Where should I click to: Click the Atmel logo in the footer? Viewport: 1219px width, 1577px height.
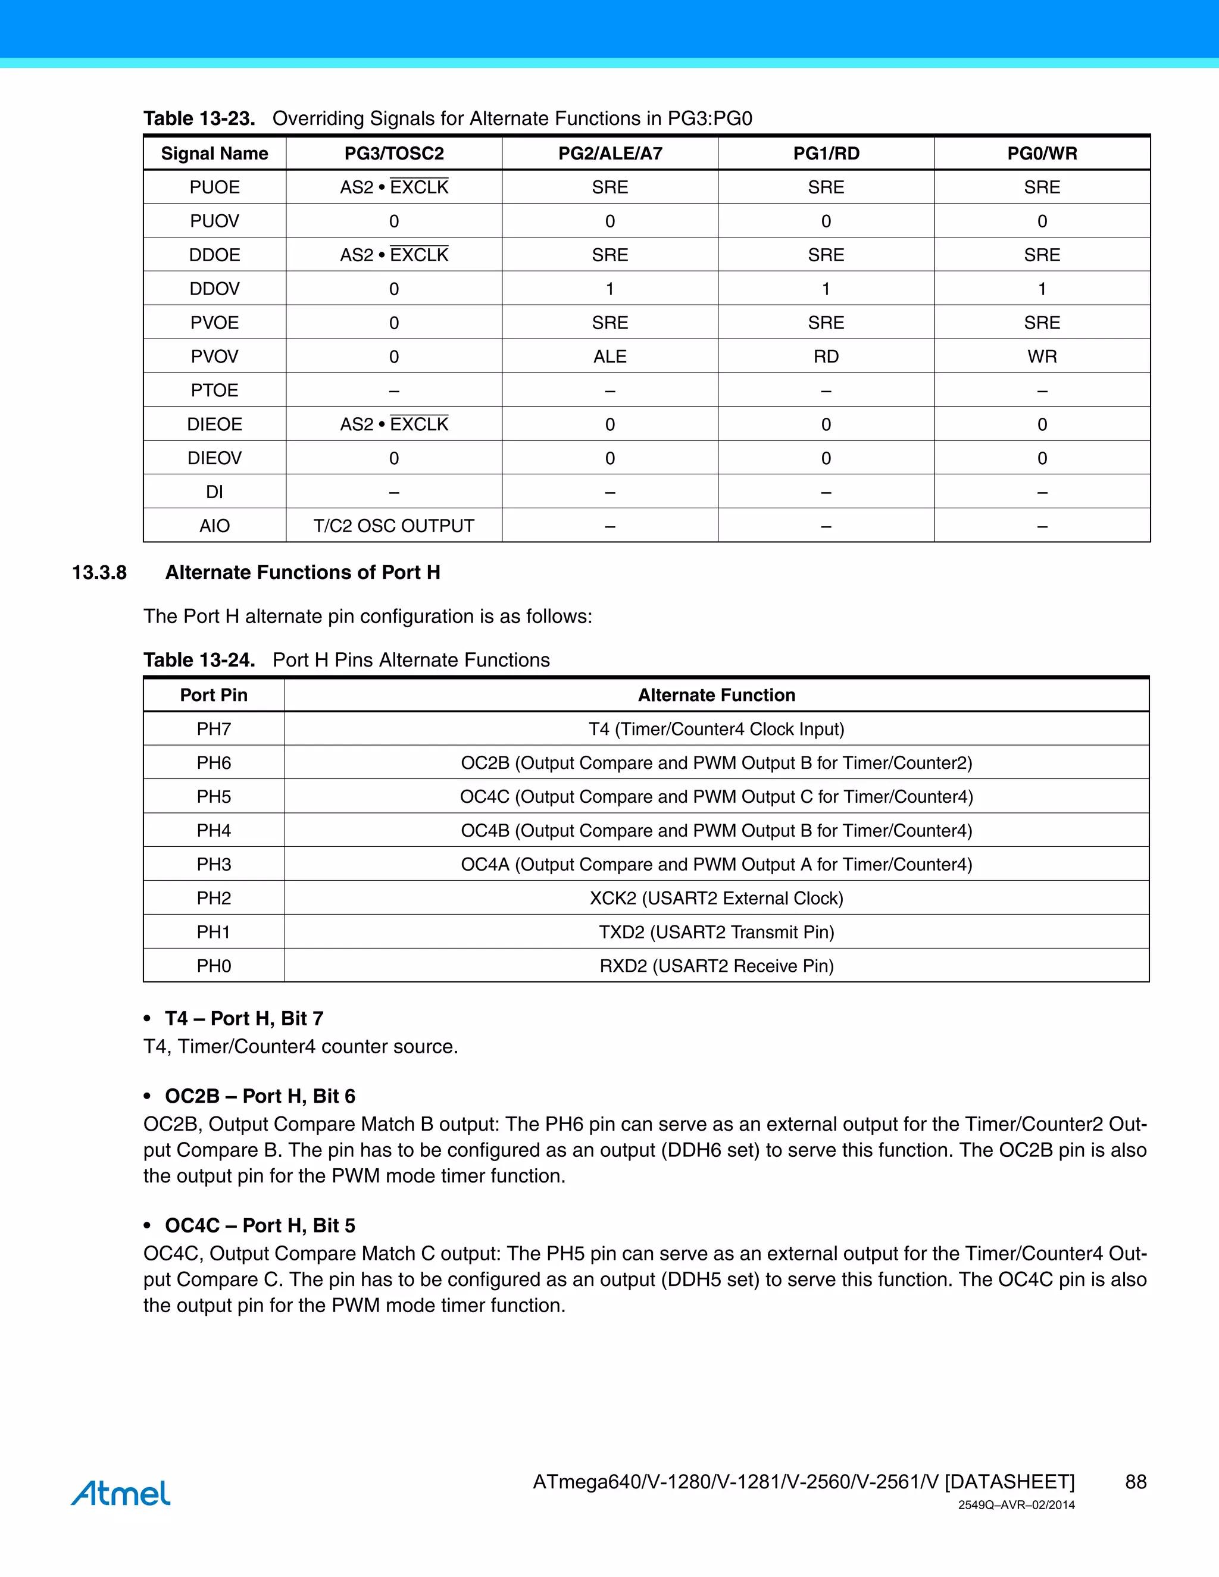(x=121, y=1492)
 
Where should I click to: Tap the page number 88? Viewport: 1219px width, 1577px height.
(x=1135, y=1482)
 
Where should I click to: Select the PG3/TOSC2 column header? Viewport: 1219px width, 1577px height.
(x=393, y=153)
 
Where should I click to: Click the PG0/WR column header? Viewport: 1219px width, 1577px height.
(x=1042, y=153)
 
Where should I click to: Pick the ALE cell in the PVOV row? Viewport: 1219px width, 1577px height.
(x=609, y=356)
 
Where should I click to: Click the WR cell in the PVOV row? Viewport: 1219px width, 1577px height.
(x=1042, y=356)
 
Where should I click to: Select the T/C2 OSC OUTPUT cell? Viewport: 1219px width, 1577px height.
(x=393, y=525)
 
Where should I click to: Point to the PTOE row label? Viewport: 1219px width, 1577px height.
(x=214, y=390)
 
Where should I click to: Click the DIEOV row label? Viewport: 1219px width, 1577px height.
(x=214, y=458)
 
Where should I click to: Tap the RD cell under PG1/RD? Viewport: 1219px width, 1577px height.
(x=826, y=356)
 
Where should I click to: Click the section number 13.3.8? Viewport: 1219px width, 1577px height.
(x=99, y=572)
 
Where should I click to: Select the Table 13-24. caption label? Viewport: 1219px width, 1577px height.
(x=199, y=660)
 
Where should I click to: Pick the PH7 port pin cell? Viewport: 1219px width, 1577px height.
(x=214, y=730)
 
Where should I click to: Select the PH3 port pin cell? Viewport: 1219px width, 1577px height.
(x=214, y=864)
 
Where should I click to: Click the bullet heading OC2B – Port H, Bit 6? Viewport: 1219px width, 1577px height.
(x=260, y=1096)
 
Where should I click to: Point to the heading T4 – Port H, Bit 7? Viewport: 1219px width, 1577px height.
(x=244, y=1018)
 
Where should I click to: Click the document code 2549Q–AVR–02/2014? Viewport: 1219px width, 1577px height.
(x=1016, y=1506)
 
